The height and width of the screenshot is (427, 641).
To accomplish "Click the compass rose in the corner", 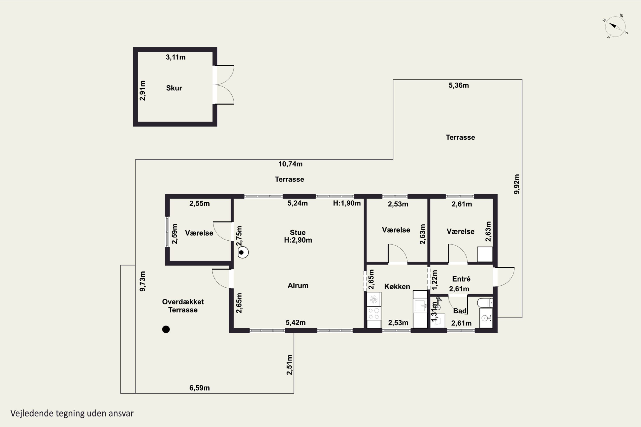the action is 615,26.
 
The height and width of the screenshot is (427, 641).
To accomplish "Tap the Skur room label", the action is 174,88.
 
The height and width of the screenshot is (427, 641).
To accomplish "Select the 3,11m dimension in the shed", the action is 175,57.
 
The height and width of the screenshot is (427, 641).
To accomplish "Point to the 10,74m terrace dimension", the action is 290,164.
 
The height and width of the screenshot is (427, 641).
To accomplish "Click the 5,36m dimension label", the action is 459,85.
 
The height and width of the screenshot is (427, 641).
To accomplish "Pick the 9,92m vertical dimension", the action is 516,184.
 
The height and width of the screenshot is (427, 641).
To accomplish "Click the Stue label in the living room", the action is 298,233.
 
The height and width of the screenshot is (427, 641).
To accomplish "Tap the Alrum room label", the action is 298,285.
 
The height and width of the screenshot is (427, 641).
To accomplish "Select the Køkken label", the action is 397,287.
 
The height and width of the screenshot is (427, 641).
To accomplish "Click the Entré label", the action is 461,279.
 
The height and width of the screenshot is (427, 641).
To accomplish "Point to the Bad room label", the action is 460,311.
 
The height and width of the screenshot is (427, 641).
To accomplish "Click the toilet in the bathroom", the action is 485,303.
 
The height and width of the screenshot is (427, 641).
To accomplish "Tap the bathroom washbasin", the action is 486,318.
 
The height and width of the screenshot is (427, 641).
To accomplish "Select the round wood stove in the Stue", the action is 243,252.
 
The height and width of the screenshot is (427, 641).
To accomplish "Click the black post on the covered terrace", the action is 166,329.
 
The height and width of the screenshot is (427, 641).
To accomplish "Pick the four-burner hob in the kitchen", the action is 374,313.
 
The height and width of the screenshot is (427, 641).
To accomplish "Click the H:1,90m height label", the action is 347,203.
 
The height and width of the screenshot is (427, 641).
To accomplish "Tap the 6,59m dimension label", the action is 200,388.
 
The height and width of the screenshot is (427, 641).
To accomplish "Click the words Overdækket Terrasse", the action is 183,306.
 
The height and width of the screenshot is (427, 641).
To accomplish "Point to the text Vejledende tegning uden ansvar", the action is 72,413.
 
